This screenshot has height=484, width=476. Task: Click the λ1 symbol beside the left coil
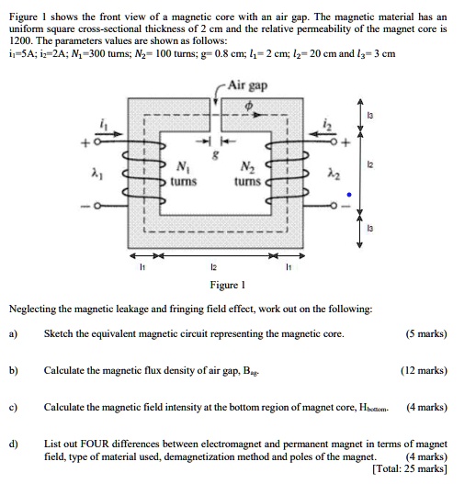[x=95, y=174]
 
